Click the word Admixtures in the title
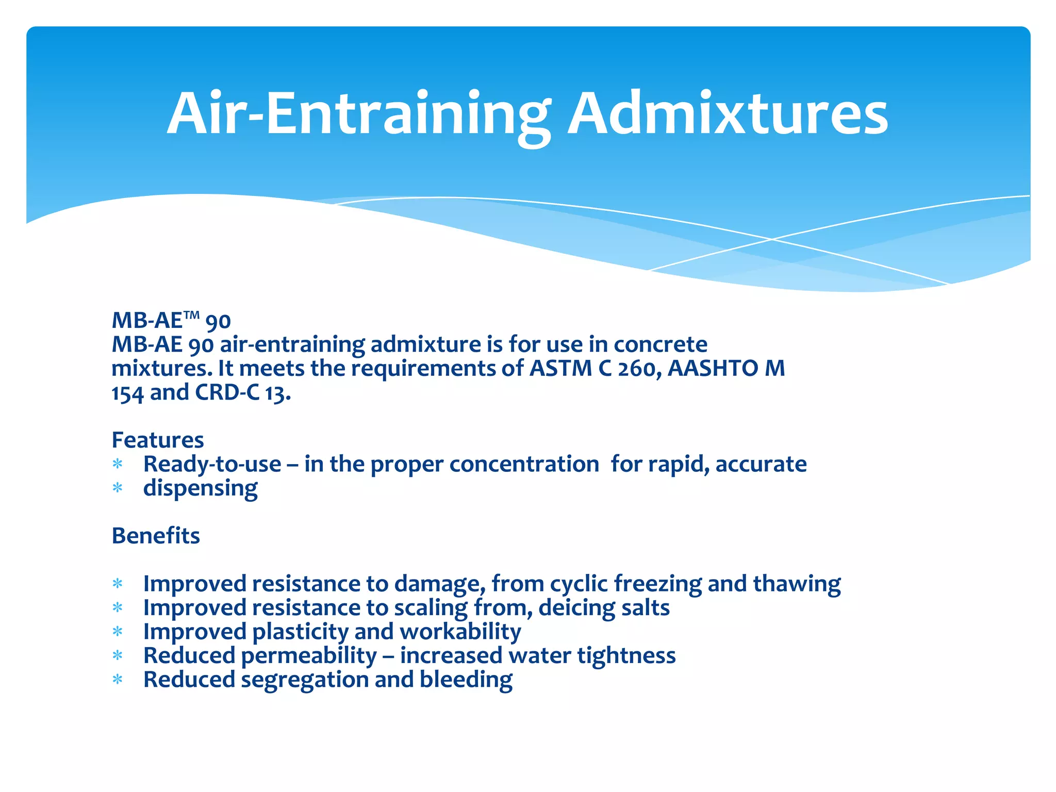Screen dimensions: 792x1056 click(x=728, y=114)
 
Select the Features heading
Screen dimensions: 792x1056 click(x=158, y=440)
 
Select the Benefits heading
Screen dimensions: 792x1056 click(x=156, y=536)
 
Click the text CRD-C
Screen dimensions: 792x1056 click(x=227, y=393)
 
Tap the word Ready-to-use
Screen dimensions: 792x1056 click(x=212, y=465)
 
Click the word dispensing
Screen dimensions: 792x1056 click(x=201, y=488)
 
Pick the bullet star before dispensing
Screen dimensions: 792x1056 click(x=118, y=488)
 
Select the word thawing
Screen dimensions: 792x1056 click(x=797, y=584)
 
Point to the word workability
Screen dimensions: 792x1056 click(x=460, y=632)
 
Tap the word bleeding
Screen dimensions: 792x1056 click(x=466, y=680)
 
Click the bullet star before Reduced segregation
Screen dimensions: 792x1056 click(x=118, y=680)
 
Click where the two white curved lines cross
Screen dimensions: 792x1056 click(x=772, y=239)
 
